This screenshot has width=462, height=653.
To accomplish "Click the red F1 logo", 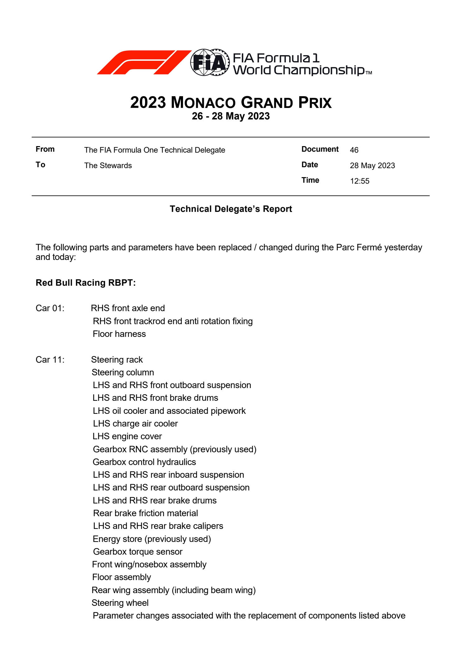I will click(144, 62).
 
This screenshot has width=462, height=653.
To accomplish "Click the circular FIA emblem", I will click(209, 62).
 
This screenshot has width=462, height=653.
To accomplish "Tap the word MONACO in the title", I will click(203, 103).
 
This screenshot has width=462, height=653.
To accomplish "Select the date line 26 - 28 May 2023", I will click(231, 116).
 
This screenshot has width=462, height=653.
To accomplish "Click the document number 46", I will click(354, 150).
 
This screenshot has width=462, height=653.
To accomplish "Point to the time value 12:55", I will click(359, 181).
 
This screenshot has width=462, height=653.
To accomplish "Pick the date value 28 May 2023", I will click(372, 166).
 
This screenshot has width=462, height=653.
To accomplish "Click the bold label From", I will click(45, 149).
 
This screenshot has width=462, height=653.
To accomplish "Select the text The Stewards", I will click(108, 166).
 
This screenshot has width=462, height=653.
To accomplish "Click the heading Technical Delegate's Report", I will click(231, 209).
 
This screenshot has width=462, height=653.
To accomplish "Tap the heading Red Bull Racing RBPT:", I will click(86, 283).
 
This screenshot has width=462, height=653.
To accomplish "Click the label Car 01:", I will click(50, 308).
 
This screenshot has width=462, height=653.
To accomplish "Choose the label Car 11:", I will click(50, 360).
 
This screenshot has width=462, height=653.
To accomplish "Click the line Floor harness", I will click(119, 334).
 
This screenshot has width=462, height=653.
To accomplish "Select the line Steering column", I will click(123, 372).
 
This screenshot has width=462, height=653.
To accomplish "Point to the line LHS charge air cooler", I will click(135, 423).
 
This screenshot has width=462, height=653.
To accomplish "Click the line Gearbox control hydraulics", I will click(144, 462).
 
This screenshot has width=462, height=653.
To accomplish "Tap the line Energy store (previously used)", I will click(152, 539).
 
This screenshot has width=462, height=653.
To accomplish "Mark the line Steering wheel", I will click(120, 603).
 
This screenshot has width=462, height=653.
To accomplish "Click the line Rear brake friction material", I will click(145, 513).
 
